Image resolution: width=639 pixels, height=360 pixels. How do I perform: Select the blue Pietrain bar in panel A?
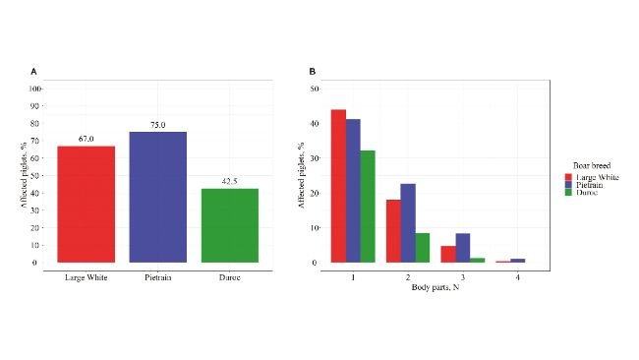click(x=157, y=197)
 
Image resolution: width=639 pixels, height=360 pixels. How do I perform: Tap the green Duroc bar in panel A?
click(x=229, y=225)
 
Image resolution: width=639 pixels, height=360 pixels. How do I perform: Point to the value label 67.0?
click(x=87, y=140)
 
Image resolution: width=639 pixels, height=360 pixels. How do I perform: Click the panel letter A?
click(x=34, y=72)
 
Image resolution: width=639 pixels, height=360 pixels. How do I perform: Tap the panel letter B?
click(x=313, y=72)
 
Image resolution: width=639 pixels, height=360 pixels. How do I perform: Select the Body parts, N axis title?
click(x=435, y=289)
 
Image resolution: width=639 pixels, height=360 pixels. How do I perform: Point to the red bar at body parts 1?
click(x=337, y=186)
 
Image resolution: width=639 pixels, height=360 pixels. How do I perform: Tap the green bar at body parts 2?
click(x=423, y=248)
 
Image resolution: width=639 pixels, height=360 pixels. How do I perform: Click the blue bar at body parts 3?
click(x=463, y=248)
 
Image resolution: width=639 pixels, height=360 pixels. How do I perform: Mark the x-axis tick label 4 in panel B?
click(x=517, y=277)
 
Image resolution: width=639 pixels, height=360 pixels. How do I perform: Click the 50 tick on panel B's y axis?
click(x=315, y=89)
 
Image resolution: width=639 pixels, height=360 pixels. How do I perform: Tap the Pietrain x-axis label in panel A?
click(x=157, y=277)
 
